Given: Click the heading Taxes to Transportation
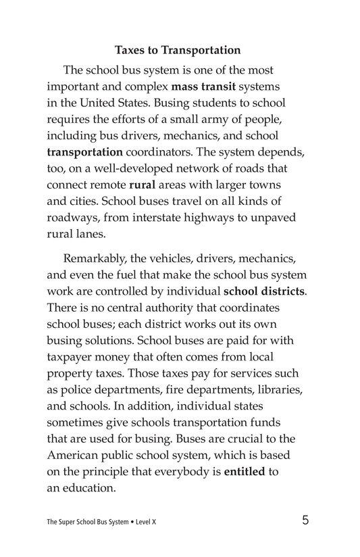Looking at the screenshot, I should [178, 50].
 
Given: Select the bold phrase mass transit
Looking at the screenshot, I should [205, 87].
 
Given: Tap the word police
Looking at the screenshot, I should [80, 391].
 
